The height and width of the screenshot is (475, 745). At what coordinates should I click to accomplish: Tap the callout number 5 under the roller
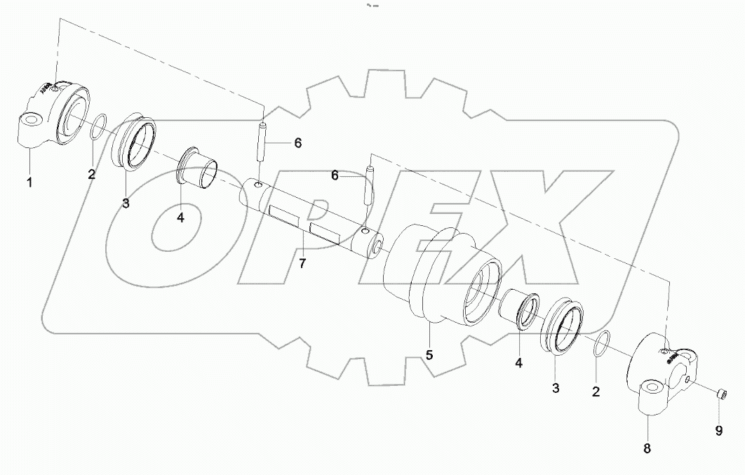tap(429, 355)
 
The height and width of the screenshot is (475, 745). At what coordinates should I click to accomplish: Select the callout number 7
tap(302, 263)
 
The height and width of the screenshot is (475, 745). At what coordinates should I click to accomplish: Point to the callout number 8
tap(647, 448)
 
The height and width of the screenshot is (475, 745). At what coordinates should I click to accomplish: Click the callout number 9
tap(718, 431)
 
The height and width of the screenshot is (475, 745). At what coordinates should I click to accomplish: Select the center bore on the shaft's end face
tap(380, 246)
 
